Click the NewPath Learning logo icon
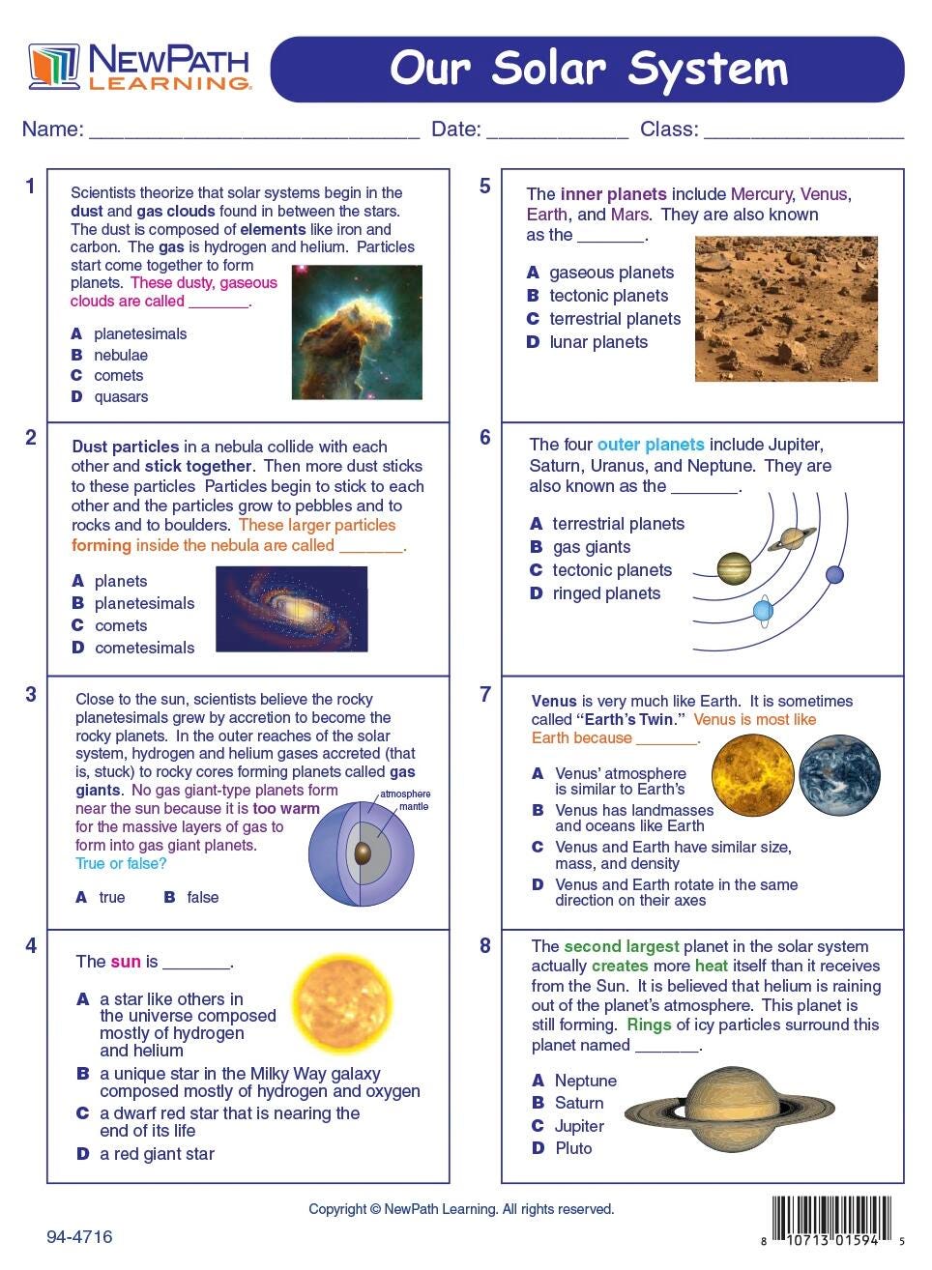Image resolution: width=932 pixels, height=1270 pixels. pos(54,67)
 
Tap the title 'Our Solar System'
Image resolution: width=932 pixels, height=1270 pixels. pos(588,69)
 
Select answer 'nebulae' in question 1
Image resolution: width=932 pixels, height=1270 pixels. pos(120,355)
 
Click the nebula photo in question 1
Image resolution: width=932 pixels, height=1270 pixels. pos(357,332)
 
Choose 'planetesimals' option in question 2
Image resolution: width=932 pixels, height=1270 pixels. pos(144,603)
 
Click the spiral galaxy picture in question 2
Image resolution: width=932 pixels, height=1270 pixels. pos(291,609)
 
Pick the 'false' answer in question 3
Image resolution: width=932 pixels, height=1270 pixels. pos(202,897)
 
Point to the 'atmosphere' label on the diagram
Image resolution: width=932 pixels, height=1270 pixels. pos(405,794)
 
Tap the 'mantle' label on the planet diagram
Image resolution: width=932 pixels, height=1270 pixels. pos(414,806)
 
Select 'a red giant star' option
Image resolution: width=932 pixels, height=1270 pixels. pos(157,1154)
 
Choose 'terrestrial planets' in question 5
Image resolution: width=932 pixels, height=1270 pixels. pos(614,319)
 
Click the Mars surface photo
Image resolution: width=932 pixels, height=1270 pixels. pos(786,308)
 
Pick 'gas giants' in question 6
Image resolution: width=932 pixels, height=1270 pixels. pos(591,547)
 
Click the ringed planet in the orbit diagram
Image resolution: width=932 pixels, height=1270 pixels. pos(793,538)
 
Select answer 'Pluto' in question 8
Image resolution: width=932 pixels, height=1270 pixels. pos(573,1148)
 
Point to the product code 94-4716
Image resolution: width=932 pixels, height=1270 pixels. pos(79,1237)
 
